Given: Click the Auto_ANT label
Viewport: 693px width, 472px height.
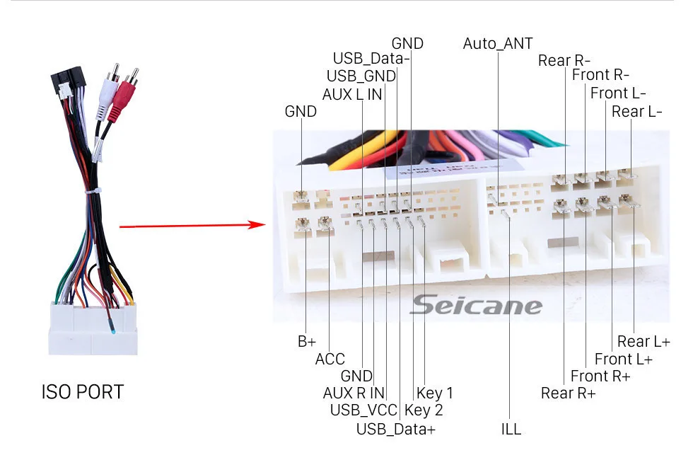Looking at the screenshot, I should [498, 44].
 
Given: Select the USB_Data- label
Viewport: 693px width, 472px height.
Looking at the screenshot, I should [371, 59].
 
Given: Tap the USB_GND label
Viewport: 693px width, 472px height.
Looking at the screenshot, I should [361, 76].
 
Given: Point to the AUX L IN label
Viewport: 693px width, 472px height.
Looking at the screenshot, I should [352, 94].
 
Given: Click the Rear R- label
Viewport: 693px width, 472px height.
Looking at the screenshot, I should [564, 60].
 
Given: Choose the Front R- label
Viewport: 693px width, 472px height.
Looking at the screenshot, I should [600, 75].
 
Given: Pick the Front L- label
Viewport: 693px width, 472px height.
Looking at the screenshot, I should [618, 93].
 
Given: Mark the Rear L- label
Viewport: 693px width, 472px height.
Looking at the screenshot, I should [637, 112].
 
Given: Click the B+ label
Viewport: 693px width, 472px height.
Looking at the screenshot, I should [307, 342].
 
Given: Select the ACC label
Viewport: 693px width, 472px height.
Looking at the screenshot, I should [330, 359].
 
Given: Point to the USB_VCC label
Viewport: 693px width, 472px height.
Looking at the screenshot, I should [363, 410].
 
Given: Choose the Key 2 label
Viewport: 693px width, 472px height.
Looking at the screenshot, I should [424, 410].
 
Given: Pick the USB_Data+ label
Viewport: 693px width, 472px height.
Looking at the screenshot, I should [396, 429].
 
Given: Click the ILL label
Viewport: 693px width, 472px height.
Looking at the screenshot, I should [511, 429].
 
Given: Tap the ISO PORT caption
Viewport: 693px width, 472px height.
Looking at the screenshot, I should [82, 392].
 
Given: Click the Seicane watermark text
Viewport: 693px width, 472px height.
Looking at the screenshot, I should [475, 305].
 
